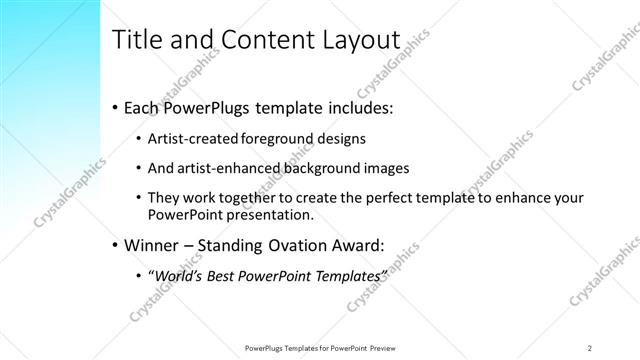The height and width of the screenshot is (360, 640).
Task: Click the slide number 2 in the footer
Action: tap(590, 347)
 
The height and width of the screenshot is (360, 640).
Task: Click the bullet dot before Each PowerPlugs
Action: tap(115, 105)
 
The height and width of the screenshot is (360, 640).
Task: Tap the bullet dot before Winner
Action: tap(115, 243)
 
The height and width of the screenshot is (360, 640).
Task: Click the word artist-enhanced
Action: tap(224, 168)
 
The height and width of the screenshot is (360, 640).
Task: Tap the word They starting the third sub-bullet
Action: tap(164, 199)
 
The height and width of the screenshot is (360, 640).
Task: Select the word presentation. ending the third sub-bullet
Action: tap(271, 214)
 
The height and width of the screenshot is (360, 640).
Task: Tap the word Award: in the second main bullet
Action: tap(356, 243)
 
